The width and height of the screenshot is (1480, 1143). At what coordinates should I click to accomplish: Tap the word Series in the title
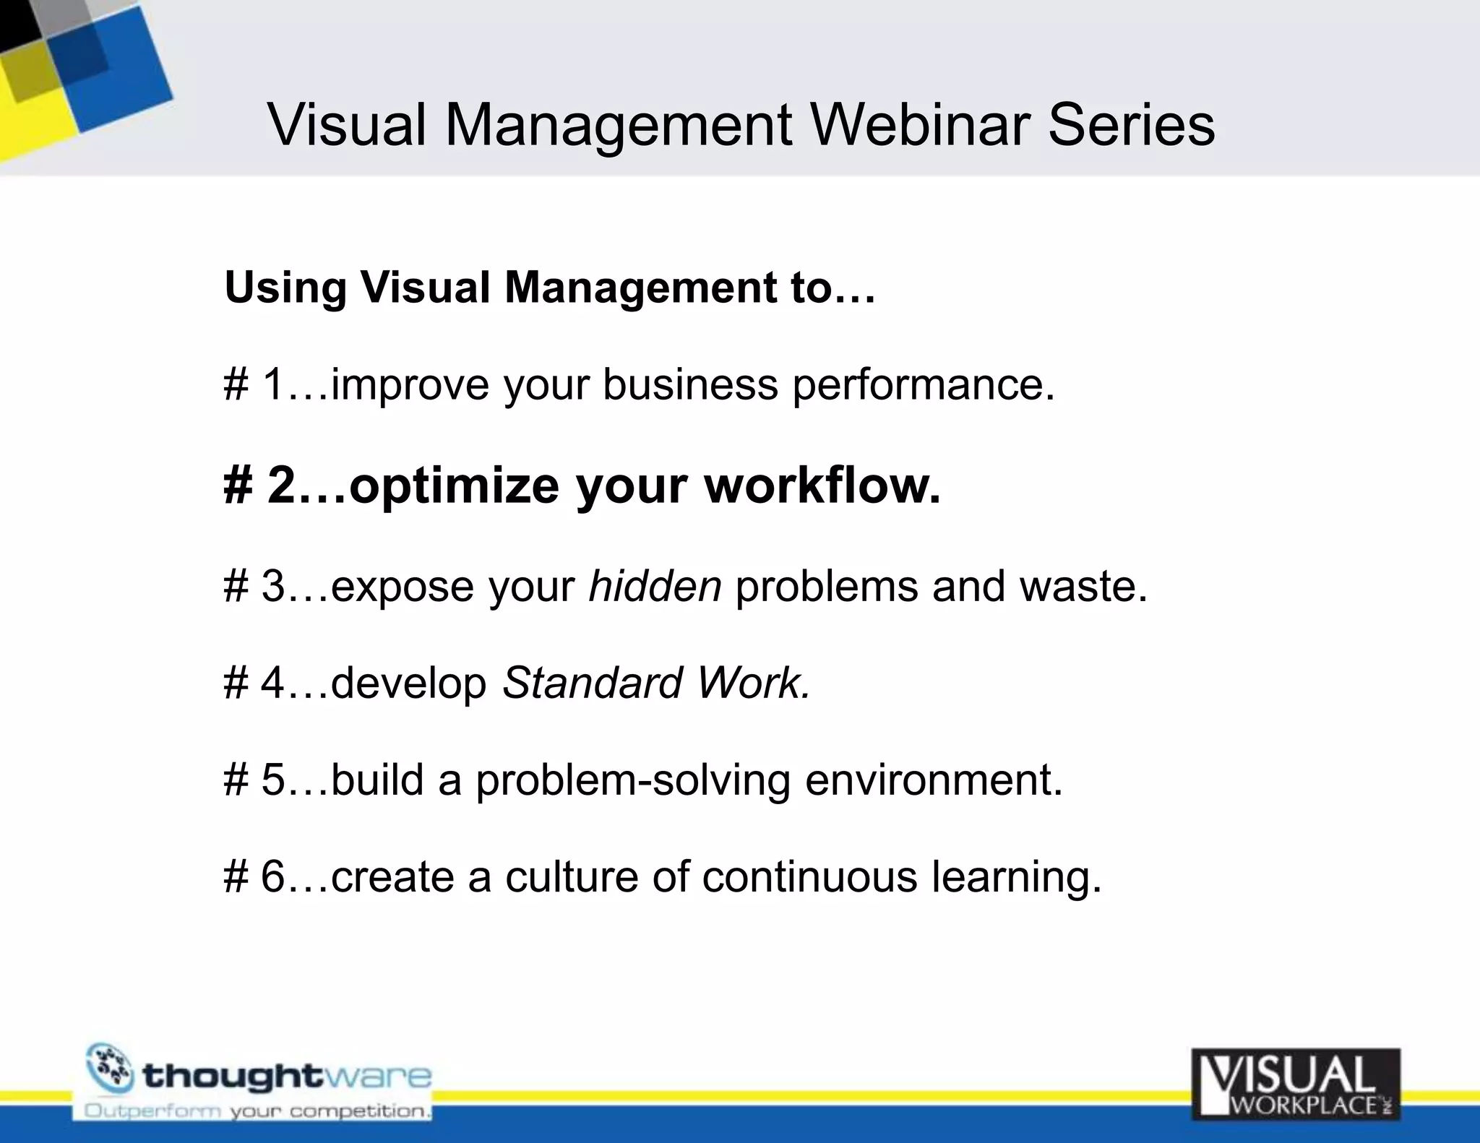click(x=1131, y=126)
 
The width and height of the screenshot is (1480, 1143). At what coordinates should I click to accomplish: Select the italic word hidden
click(x=655, y=585)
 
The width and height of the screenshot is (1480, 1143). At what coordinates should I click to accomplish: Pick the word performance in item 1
click(x=923, y=384)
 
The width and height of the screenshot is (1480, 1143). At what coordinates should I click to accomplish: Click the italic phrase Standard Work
click(x=656, y=683)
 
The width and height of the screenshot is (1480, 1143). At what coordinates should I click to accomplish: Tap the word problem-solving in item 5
click(x=632, y=780)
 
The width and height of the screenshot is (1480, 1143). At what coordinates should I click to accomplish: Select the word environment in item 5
click(x=934, y=780)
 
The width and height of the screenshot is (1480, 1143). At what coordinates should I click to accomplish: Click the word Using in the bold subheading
click(x=285, y=288)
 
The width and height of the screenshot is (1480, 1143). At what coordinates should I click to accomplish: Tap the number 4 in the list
click(x=272, y=683)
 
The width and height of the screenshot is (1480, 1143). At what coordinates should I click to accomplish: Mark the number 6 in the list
click(x=272, y=877)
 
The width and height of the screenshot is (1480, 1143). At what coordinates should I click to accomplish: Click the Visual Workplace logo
click(x=1295, y=1084)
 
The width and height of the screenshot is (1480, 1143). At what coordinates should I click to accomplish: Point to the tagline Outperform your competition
click(x=257, y=1111)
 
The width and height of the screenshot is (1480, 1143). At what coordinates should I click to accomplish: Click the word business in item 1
click(x=690, y=384)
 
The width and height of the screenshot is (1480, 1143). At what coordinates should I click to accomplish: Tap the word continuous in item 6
click(x=809, y=877)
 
